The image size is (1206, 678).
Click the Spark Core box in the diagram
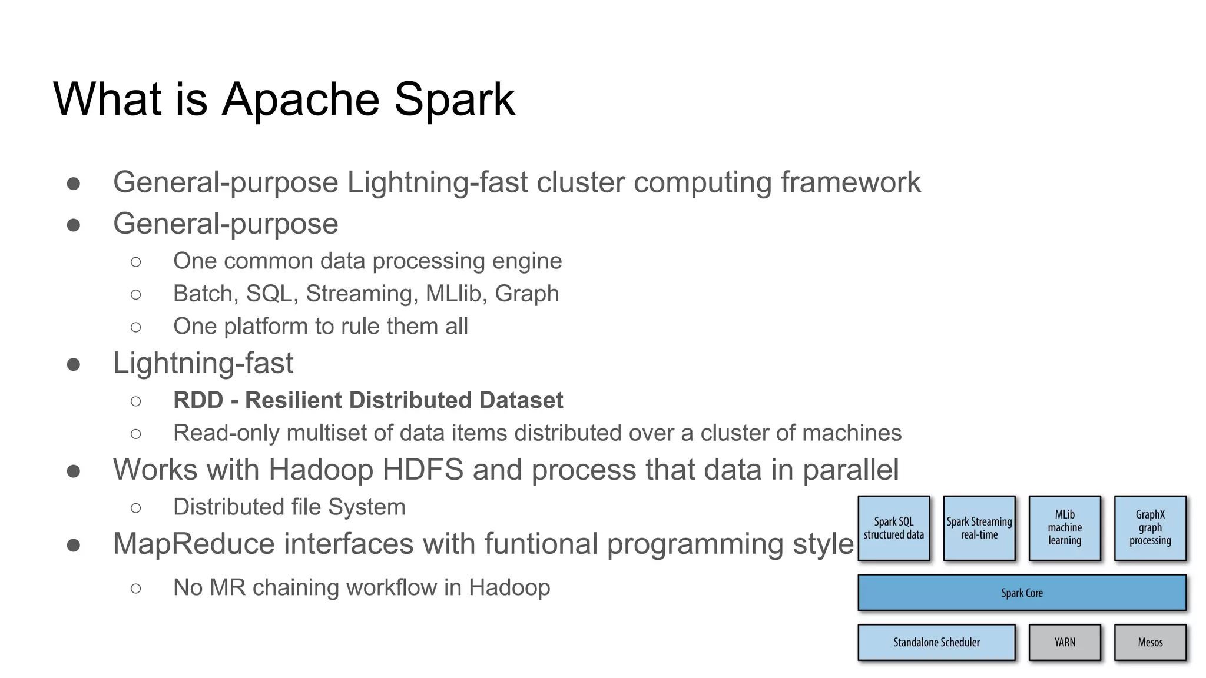(1022, 593)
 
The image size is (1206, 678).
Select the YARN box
(1064, 642)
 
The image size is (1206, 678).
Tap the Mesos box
(1149, 642)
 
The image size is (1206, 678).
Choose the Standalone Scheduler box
(936, 642)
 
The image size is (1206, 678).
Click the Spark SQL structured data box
(893, 528)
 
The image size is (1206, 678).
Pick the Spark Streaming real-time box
(979, 528)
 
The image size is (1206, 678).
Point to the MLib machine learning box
(1064, 528)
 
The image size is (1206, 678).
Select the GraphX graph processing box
(1149, 528)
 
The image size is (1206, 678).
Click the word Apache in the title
(300, 99)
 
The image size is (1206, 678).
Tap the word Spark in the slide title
(454, 99)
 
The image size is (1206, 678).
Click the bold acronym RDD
(198, 400)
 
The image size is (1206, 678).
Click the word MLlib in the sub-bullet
(456, 294)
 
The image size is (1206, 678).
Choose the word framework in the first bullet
(850, 182)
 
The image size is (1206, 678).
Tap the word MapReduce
(194, 544)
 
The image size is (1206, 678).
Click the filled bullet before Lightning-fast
(74, 365)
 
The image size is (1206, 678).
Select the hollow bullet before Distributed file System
(136, 508)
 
